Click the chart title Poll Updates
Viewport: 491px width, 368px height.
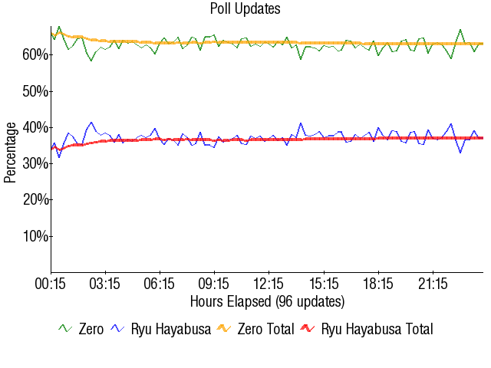click(x=245, y=9)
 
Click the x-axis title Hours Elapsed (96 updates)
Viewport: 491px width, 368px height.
click(x=267, y=301)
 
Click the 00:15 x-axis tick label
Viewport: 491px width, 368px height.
click(x=51, y=284)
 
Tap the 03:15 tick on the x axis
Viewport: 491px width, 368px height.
click(x=106, y=284)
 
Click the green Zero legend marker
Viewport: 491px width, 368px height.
click(x=66, y=329)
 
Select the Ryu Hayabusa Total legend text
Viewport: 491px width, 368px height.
click(x=377, y=330)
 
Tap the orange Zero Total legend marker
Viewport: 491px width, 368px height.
click(x=224, y=329)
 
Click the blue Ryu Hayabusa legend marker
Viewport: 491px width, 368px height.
click(x=118, y=329)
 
